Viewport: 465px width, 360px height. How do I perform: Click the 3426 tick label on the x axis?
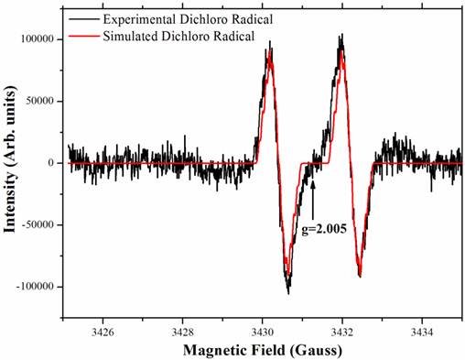(x=103, y=332)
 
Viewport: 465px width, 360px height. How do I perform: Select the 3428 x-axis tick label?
(x=182, y=332)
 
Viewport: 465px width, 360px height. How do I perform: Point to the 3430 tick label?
(x=263, y=332)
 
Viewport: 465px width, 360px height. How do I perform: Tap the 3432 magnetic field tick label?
(x=342, y=332)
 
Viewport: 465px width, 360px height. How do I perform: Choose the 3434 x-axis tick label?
(x=422, y=332)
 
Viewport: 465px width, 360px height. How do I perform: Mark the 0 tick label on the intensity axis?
(x=51, y=163)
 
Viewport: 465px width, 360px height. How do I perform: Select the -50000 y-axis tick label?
(x=38, y=224)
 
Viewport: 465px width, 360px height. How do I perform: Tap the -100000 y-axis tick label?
(x=36, y=287)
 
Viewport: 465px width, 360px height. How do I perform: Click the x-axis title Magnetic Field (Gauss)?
(x=263, y=350)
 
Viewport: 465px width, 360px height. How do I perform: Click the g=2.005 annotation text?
(x=324, y=229)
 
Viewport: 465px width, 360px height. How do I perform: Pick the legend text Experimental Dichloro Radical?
(x=188, y=19)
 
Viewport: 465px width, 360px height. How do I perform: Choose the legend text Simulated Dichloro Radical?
(x=178, y=36)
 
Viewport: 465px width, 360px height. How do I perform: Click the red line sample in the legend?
(x=84, y=36)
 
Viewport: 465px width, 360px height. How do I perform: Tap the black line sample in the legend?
(x=84, y=19)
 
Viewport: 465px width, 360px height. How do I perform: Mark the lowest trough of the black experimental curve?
(x=288, y=294)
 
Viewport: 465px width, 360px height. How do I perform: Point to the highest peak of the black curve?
(x=342, y=34)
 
